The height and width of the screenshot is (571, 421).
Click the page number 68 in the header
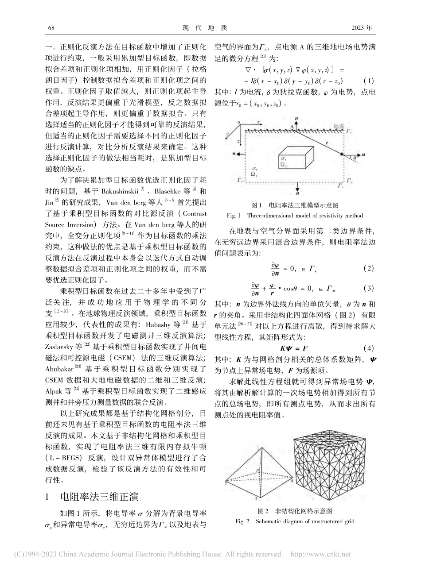pos(51,28)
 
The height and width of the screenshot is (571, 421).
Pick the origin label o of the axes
pos(239,122)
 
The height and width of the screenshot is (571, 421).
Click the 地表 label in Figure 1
pos(338,126)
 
